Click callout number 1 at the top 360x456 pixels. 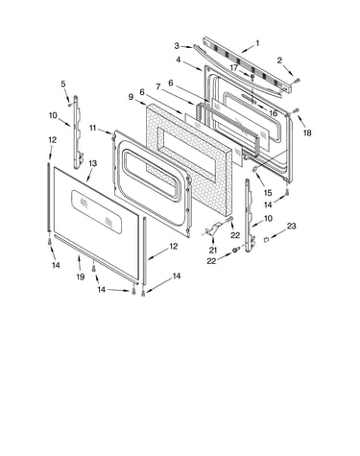click(x=257, y=43)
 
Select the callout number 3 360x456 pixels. click(x=177, y=46)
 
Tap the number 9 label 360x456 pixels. click(x=131, y=97)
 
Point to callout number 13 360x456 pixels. click(x=92, y=163)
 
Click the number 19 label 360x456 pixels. click(x=81, y=276)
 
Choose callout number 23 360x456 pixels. click(x=291, y=227)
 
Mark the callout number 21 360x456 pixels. click(x=213, y=251)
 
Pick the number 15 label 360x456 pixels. click(x=268, y=193)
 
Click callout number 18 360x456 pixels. click(x=307, y=132)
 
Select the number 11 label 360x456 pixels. click(x=93, y=128)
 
